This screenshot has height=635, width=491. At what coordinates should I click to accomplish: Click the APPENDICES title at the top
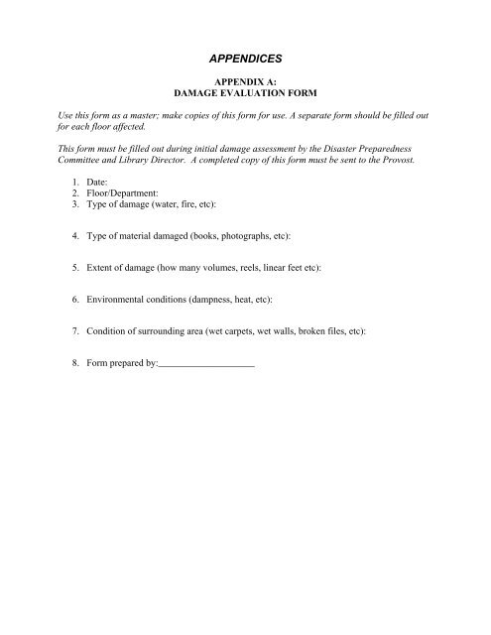tap(245, 61)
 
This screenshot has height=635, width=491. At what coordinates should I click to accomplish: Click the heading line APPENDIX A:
tap(244, 88)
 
